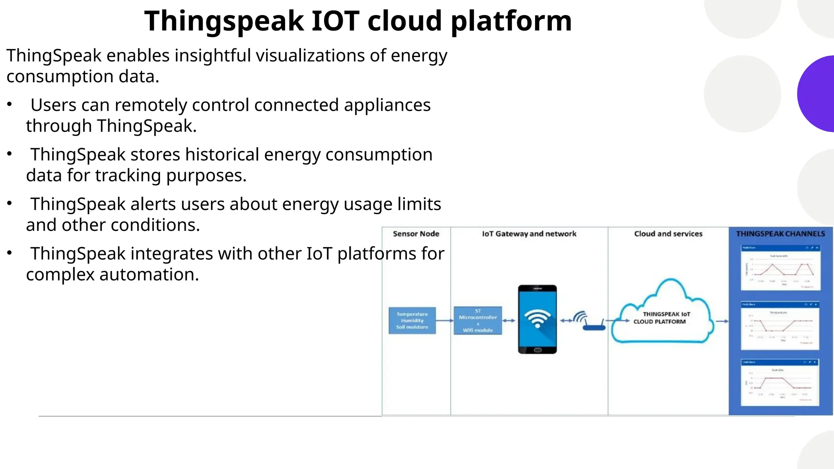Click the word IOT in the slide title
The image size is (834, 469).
coord(335,21)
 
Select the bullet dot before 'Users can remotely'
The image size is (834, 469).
coord(9,105)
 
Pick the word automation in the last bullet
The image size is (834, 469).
coord(149,274)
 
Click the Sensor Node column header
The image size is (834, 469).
coord(416,234)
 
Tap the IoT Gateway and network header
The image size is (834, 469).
coord(529,234)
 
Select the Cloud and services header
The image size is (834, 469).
coord(668,234)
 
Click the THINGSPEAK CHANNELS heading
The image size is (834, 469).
coord(780,234)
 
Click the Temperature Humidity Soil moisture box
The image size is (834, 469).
coord(412,320)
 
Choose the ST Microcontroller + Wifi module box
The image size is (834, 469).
coord(478,320)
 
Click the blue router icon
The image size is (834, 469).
coord(594,326)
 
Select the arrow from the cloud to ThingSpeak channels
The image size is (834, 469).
coord(722,321)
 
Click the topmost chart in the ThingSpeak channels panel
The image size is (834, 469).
coord(780,267)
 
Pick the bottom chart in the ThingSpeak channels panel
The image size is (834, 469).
coord(779,382)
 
